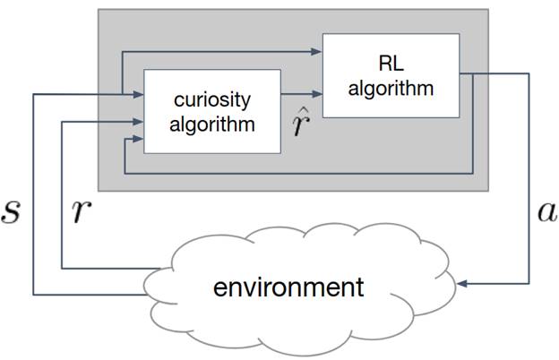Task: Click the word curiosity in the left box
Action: tap(212, 100)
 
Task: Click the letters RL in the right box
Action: tap(391, 64)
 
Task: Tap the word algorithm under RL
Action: tap(391, 88)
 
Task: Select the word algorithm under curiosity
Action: tap(212, 124)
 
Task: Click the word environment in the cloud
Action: tap(288, 287)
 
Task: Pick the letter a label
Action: tap(546, 211)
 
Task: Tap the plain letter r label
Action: tap(82, 211)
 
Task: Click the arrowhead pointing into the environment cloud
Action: tap(461, 284)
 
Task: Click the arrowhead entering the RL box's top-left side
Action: tap(316, 52)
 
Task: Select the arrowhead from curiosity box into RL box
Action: tap(317, 94)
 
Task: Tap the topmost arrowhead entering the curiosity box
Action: tap(138, 94)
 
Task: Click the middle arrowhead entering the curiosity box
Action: tap(138, 122)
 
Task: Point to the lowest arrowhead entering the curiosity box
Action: tap(138, 139)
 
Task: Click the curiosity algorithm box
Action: tap(212, 112)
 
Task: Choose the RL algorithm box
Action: tap(391, 75)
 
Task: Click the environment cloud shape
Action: tap(299, 289)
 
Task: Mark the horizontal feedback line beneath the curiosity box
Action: tap(298, 174)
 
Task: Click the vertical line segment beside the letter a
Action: tap(529, 178)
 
